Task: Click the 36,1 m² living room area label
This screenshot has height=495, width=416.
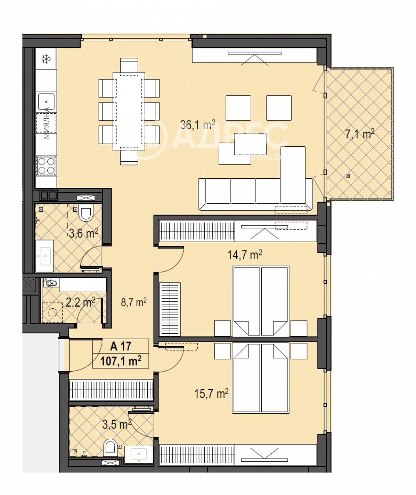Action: [198, 125]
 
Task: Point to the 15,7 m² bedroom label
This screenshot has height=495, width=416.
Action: [211, 393]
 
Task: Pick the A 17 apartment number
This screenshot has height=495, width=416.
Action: [120, 346]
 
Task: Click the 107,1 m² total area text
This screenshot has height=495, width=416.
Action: [120, 361]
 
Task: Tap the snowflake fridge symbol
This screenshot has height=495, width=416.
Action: [46, 59]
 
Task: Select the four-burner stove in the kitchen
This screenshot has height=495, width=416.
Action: [46, 165]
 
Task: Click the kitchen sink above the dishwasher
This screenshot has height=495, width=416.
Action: [46, 100]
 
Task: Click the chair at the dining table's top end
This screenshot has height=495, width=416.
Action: [129, 65]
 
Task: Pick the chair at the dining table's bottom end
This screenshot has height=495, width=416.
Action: [129, 156]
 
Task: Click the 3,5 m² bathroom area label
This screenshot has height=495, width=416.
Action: [117, 424]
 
